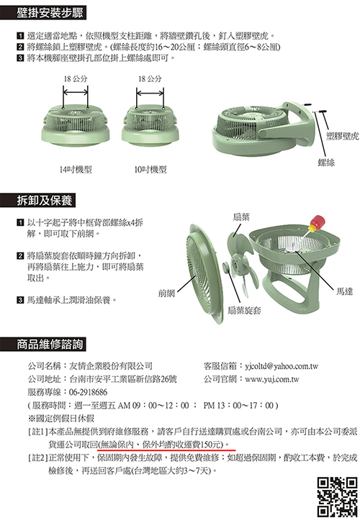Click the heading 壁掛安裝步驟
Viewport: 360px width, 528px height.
click(x=50, y=13)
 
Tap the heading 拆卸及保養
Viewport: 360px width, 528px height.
click(x=44, y=201)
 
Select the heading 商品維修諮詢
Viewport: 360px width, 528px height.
click(x=50, y=344)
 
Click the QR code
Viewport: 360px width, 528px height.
click(x=337, y=497)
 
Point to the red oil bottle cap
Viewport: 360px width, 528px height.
click(x=318, y=221)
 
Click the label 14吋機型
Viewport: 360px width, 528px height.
click(x=76, y=169)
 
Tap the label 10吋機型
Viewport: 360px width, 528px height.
click(x=150, y=169)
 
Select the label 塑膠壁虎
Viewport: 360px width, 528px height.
click(x=343, y=136)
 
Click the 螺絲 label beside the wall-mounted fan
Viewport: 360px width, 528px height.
click(x=326, y=163)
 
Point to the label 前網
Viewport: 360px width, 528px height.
click(x=166, y=293)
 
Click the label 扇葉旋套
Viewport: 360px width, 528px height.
click(x=244, y=310)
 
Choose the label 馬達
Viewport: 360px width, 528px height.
click(x=344, y=291)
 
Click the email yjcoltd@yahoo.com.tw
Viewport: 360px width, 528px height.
click(x=282, y=366)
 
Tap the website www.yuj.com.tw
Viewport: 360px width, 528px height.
click(x=272, y=379)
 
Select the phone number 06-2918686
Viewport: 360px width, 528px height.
click(x=88, y=392)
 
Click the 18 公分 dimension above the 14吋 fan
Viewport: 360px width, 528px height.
click(x=76, y=79)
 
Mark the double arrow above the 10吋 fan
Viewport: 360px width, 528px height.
click(x=150, y=94)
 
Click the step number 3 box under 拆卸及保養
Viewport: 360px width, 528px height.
click(x=20, y=300)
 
